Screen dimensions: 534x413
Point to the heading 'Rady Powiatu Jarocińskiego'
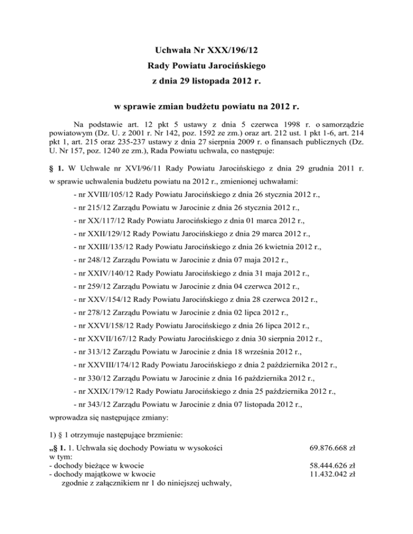[x=206, y=68]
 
